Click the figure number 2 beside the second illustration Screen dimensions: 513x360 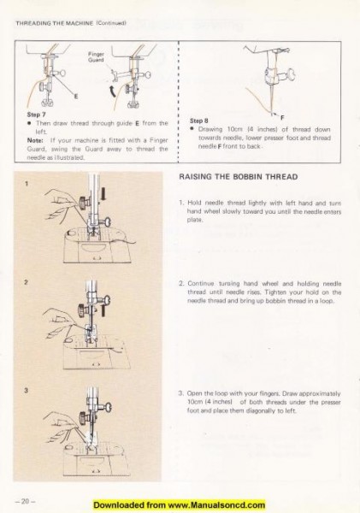point(27,280)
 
